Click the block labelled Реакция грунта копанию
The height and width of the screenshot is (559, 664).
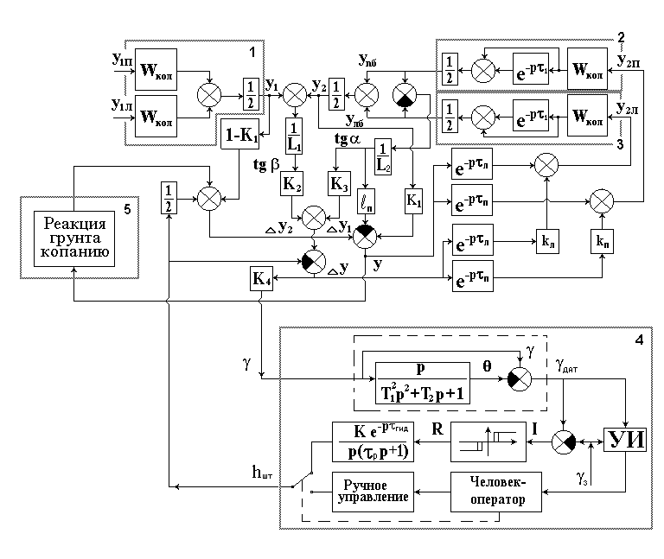pyautogui.click(x=74, y=236)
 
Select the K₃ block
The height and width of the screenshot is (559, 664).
pyautogui.click(x=337, y=182)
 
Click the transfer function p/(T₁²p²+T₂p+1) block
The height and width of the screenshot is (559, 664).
pyautogui.click(x=422, y=380)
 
